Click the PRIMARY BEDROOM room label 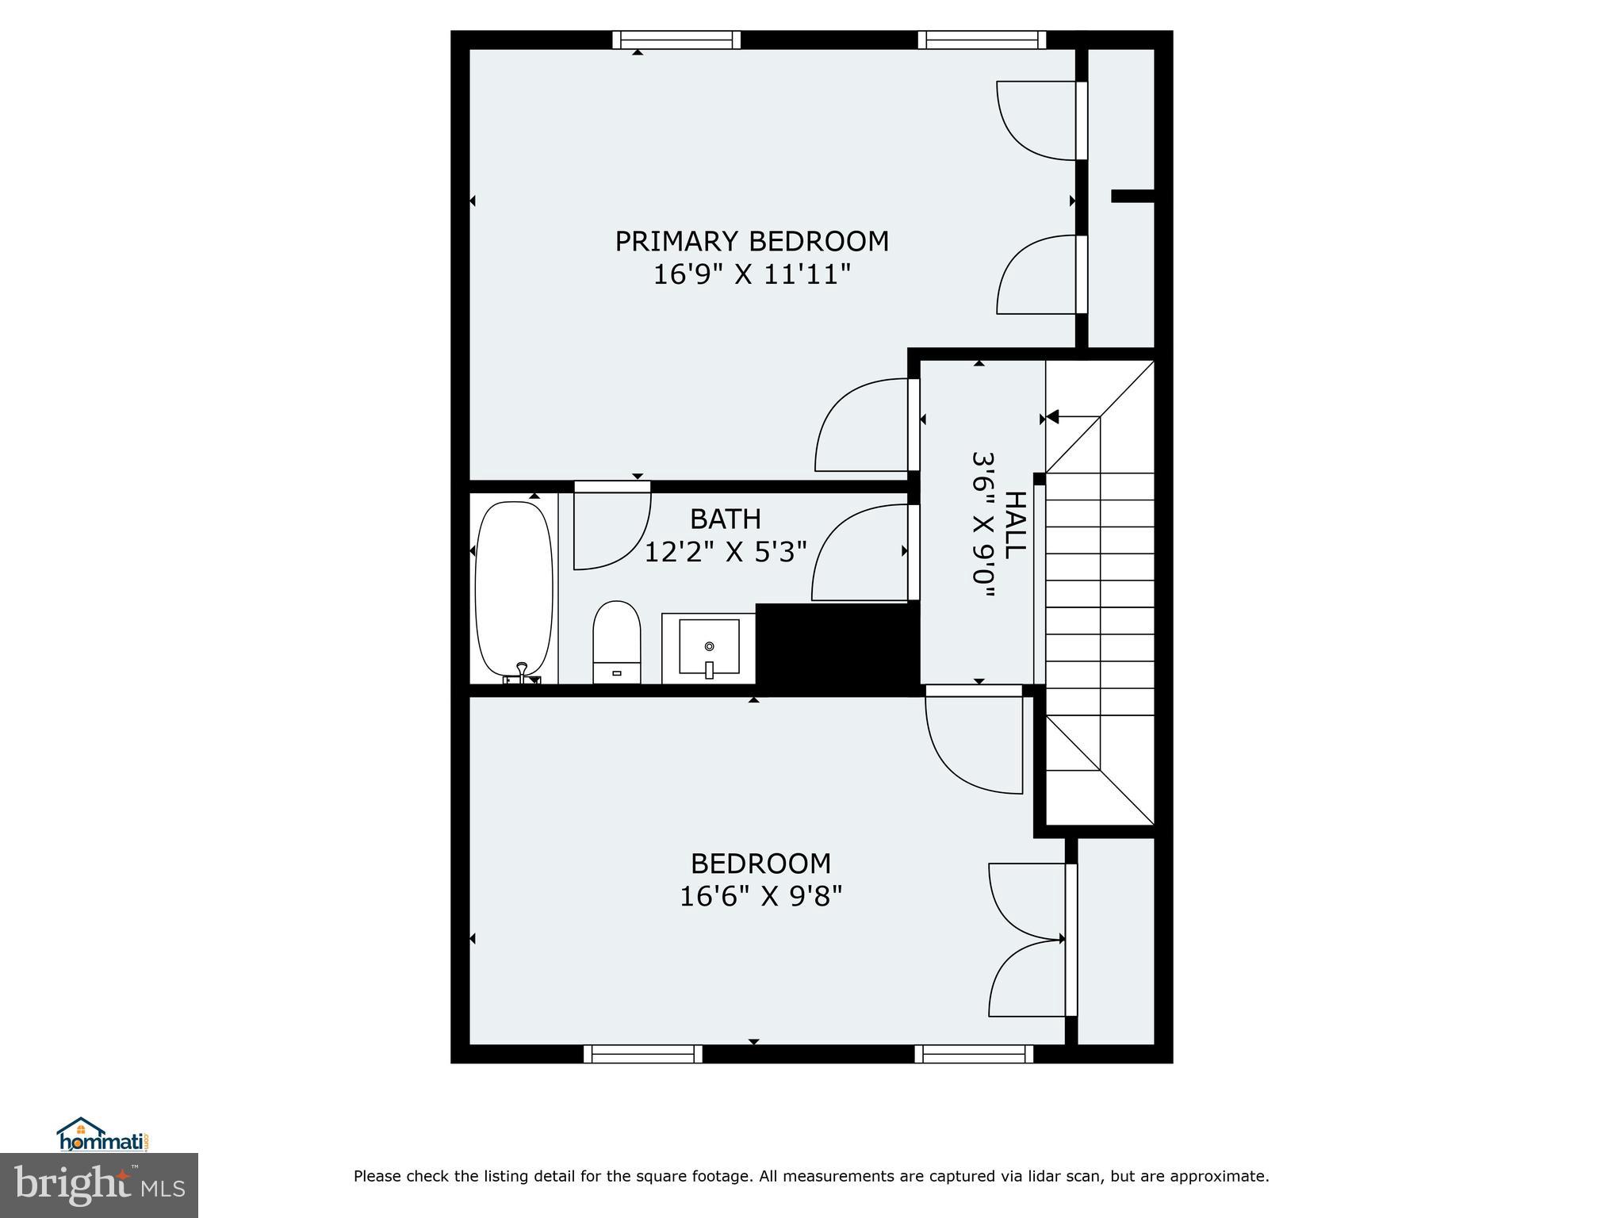pyautogui.click(x=751, y=241)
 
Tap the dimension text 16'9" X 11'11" pyautogui.click(x=751, y=275)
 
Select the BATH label pyautogui.click(x=725, y=519)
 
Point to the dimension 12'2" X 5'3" pyautogui.click(x=725, y=552)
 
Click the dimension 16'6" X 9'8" pyautogui.click(x=760, y=896)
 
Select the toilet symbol pyautogui.click(x=616, y=641)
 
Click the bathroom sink pyautogui.click(x=709, y=647)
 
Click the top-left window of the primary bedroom pyautogui.click(x=676, y=40)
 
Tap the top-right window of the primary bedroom pyautogui.click(x=982, y=40)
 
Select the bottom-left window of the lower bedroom pyautogui.click(x=643, y=1054)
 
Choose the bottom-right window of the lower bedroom pyautogui.click(x=974, y=1054)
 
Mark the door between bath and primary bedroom pyautogui.click(x=611, y=527)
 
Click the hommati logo pyautogui.click(x=101, y=1135)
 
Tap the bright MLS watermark pyautogui.click(x=98, y=1184)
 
